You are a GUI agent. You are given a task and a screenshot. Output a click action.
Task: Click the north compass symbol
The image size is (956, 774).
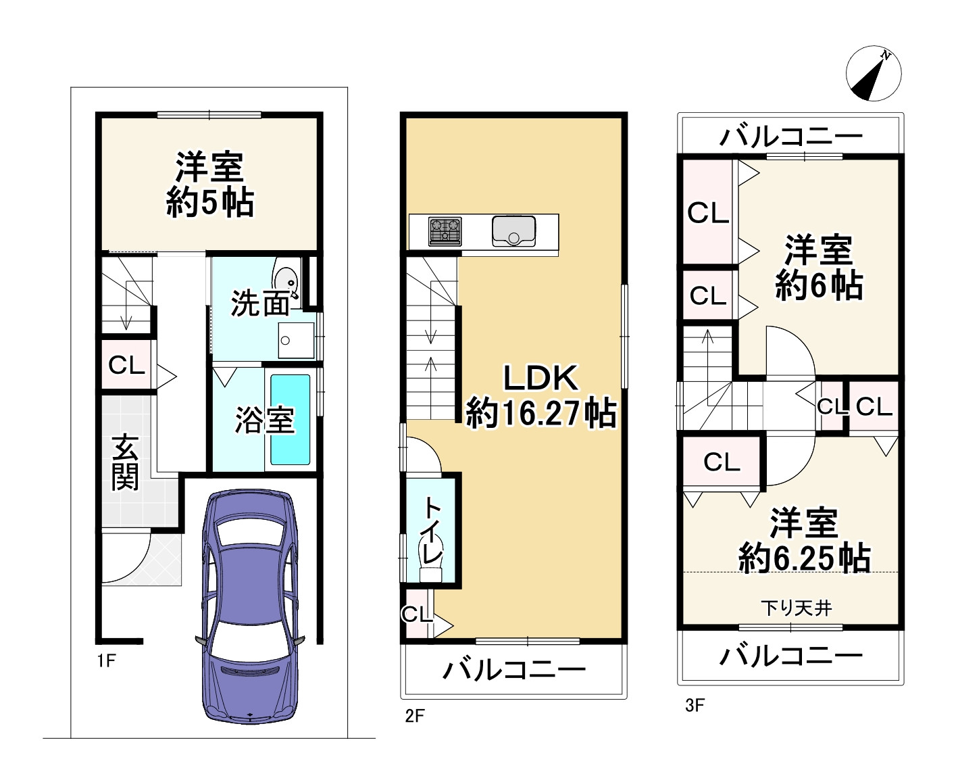point(874,74)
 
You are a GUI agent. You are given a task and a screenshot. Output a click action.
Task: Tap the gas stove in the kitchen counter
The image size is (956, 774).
point(445,231)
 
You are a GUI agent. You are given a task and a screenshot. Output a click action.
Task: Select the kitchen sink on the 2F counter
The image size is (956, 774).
point(513,231)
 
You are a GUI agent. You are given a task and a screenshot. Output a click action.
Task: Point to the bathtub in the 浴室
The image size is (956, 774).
point(291,419)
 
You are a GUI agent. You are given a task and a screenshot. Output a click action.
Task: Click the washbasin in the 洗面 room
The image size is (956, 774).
point(286,277)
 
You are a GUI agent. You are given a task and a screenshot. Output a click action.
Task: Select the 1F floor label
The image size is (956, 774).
point(106,660)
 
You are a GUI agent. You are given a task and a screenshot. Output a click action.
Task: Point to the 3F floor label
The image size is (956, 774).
point(695,706)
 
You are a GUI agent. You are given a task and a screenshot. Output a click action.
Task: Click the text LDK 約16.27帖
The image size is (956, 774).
point(540,395)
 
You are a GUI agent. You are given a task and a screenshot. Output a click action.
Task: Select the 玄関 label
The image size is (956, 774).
point(126,463)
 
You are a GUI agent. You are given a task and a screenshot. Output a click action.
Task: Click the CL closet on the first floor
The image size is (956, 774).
point(126,366)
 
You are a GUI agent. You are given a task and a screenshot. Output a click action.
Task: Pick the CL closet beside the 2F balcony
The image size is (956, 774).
point(416,614)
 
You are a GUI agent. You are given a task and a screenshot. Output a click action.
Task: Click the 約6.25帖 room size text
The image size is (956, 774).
point(804,558)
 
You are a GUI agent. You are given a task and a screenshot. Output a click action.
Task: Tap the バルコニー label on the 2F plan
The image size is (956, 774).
point(513,670)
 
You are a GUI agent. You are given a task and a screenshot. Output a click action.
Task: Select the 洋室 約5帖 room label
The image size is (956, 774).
point(209,185)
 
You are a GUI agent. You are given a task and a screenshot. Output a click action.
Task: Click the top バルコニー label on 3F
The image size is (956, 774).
point(790,137)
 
